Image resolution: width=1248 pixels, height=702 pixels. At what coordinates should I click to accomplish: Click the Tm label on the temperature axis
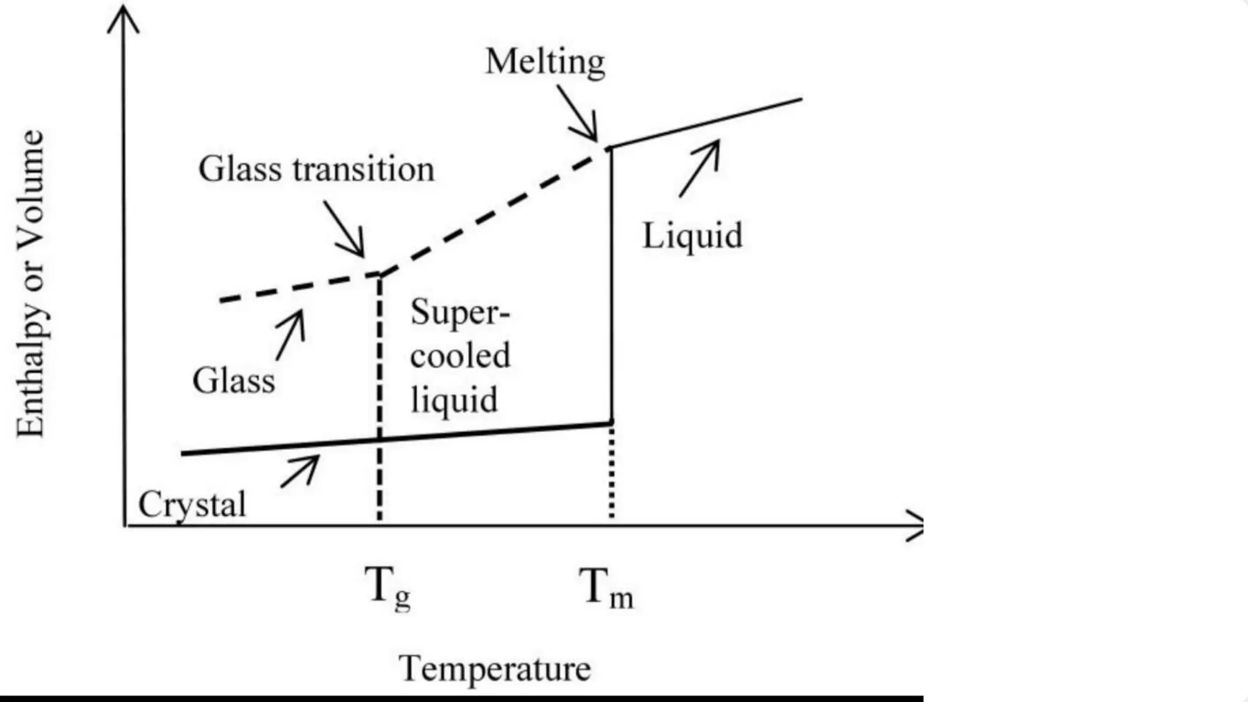click(x=606, y=588)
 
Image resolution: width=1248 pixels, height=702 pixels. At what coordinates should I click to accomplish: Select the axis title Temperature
click(x=495, y=668)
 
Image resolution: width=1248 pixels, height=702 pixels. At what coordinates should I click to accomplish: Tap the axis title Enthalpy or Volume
click(x=30, y=283)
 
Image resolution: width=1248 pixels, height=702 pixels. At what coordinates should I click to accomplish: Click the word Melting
click(x=545, y=62)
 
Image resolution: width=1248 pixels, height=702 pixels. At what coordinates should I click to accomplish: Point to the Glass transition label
click(x=316, y=169)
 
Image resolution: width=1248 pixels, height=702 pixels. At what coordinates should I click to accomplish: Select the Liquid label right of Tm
click(x=693, y=236)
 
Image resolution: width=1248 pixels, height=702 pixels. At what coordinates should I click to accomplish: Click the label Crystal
click(x=192, y=505)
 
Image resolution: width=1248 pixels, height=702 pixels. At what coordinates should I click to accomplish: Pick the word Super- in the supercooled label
click(x=460, y=313)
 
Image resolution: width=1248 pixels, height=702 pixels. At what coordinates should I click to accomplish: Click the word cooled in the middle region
click(x=460, y=356)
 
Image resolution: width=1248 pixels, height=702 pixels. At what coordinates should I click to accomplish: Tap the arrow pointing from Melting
click(x=578, y=113)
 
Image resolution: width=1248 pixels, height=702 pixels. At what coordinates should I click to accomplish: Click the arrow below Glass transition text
click(x=344, y=229)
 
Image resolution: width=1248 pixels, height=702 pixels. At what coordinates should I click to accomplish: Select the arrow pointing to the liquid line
click(x=700, y=169)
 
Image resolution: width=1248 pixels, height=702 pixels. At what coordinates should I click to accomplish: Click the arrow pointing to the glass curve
click(x=290, y=335)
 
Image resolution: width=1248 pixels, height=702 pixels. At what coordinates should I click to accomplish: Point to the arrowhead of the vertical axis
click(x=124, y=18)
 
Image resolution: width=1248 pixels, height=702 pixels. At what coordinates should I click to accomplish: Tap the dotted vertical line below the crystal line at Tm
click(x=611, y=470)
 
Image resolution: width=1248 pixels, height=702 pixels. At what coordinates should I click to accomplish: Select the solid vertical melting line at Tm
click(x=611, y=285)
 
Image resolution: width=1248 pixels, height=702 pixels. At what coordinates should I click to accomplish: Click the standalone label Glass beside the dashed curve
click(x=234, y=381)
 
